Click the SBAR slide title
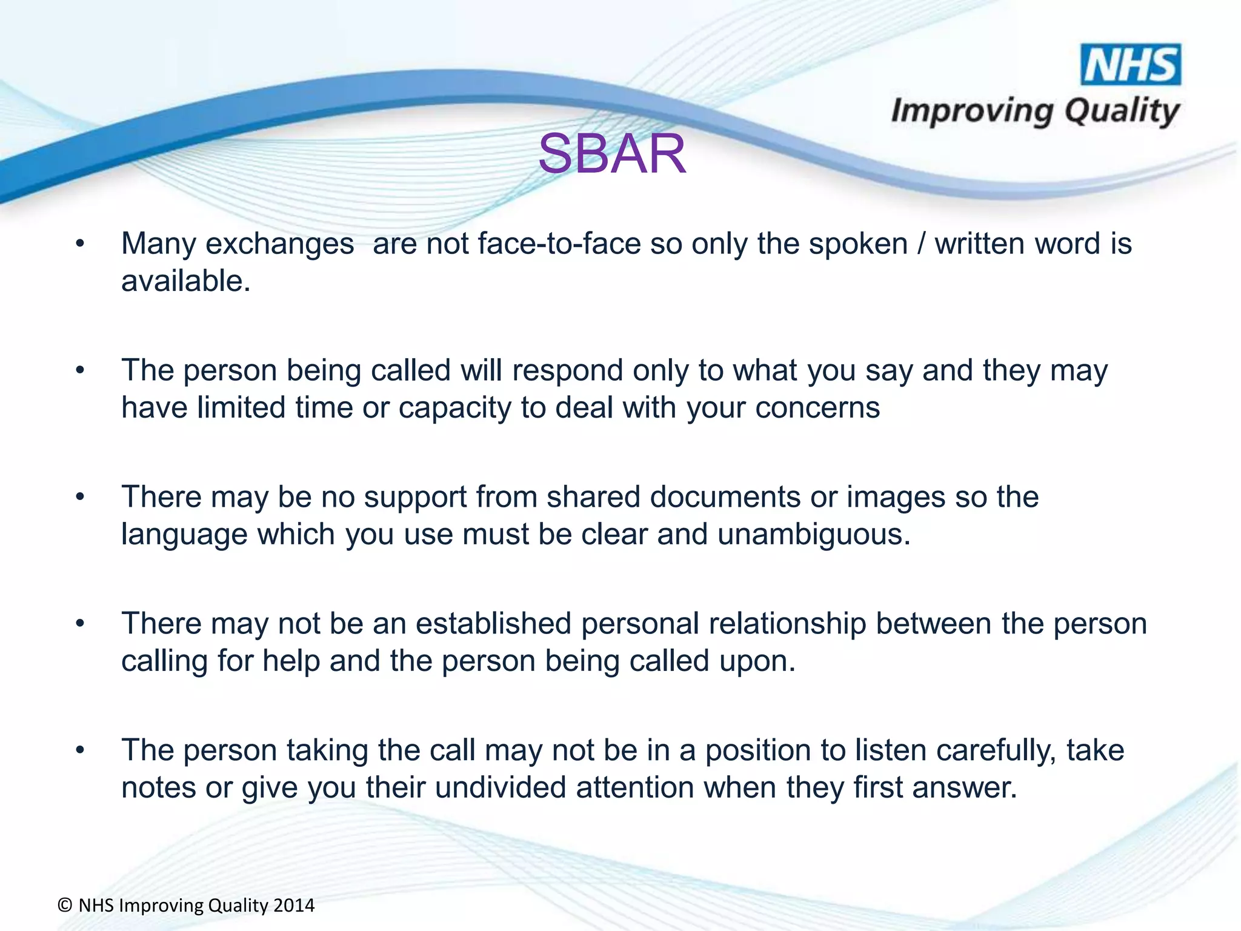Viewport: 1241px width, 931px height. coord(612,155)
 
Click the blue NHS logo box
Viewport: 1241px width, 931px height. coord(1131,65)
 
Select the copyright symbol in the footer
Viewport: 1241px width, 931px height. coord(65,906)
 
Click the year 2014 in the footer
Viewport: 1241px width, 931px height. coord(294,906)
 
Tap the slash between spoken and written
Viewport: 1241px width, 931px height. coord(921,244)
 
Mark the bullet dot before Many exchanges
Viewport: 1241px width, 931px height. coord(80,244)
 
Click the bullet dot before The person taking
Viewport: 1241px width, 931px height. coord(80,751)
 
